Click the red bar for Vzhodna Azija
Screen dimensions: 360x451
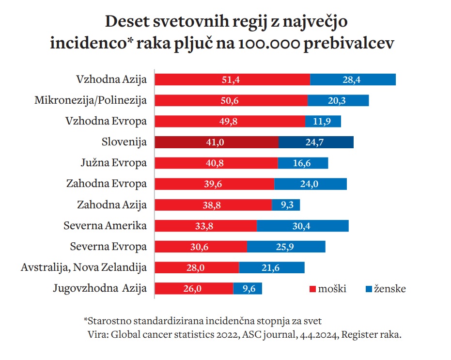click(x=232, y=79)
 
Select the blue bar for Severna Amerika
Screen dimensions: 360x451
click(x=302, y=226)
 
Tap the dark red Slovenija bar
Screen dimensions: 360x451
click(x=217, y=142)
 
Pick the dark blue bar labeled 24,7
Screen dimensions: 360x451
click(x=316, y=142)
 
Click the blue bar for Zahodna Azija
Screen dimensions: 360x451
click(x=286, y=205)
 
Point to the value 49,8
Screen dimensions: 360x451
click(x=228, y=121)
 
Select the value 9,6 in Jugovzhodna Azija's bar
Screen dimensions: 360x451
click(x=248, y=289)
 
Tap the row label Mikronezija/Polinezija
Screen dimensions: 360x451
click(x=91, y=100)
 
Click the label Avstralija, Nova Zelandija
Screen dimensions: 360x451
click(x=84, y=267)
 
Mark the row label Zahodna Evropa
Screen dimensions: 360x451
click(x=106, y=184)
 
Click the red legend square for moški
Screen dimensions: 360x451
click(x=313, y=289)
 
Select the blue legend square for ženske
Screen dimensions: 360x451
click(x=368, y=289)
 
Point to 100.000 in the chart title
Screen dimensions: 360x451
click(x=266, y=43)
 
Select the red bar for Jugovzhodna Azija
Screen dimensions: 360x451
click(x=194, y=289)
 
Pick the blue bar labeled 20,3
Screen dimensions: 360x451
click(x=338, y=100)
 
